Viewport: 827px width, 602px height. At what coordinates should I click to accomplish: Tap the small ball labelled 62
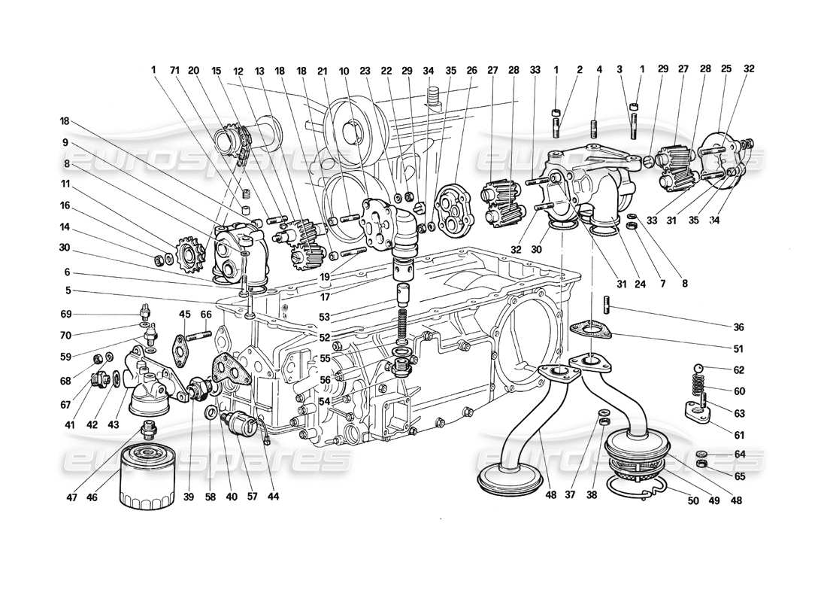tap(698, 369)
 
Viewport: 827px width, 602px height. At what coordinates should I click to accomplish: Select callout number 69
tap(67, 314)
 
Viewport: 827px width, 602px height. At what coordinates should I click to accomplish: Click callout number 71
tap(174, 70)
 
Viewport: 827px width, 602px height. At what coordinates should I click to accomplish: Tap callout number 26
tap(472, 70)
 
